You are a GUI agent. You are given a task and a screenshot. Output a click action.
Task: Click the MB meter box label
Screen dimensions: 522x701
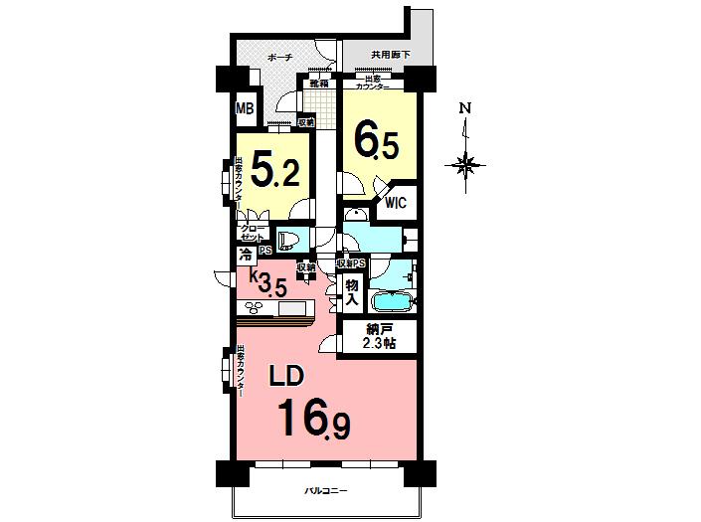coord(244,108)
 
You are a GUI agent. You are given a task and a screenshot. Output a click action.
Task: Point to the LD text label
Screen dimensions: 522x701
coord(288,376)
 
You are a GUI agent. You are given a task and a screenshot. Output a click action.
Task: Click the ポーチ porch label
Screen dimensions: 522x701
coord(279,60)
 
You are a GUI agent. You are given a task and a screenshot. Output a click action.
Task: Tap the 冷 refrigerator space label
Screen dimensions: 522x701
coord(245,255)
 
